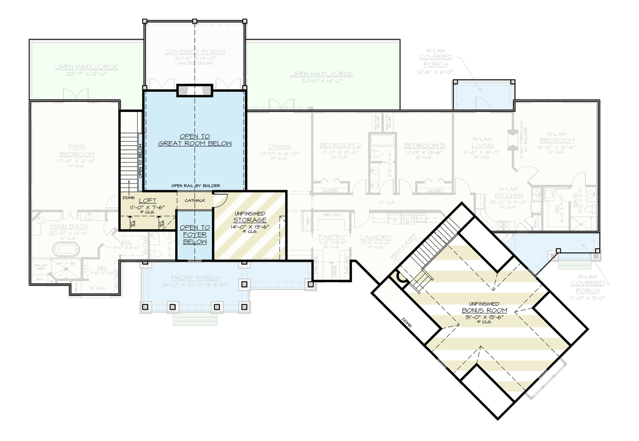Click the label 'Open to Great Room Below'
click(x=194, y=139)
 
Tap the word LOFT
click(x=147, y=201)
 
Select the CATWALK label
click(x=195, y=201)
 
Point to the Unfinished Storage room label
click(x=250, y=220)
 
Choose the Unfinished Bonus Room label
click(x=484, y=310)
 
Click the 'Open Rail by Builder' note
click(x=195, y=186)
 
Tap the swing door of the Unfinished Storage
click(x=220, y=201)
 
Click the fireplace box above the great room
click(x=194, y=90)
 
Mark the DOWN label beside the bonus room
click(x=407, y=321)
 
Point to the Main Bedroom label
click(x=77, y=150)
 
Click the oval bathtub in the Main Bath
click(x=67, y=249)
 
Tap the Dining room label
click(x=280, y=147)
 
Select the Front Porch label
click(x=194, y=278)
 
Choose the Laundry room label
click(x=376, y=238)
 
